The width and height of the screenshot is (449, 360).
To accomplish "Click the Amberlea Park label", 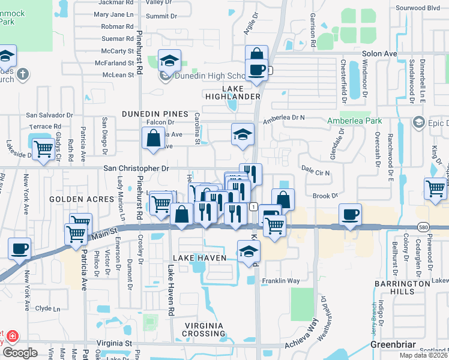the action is click(354, 121).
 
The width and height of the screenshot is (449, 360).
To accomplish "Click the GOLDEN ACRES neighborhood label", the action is click(82, 199).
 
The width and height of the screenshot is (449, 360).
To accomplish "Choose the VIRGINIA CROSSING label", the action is click(205, 329).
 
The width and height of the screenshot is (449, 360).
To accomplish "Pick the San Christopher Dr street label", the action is click(136, 169).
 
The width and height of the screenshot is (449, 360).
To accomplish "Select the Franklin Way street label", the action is click(281, 280).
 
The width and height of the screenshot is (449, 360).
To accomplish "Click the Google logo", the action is click(19, 353).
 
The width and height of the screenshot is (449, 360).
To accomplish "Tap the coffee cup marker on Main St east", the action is click(351, 214).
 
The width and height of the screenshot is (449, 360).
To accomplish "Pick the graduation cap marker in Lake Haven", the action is click(248, 251).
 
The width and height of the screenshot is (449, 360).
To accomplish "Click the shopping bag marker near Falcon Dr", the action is click(154, 137).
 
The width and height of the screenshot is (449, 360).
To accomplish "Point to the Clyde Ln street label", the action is click(48, 308).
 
